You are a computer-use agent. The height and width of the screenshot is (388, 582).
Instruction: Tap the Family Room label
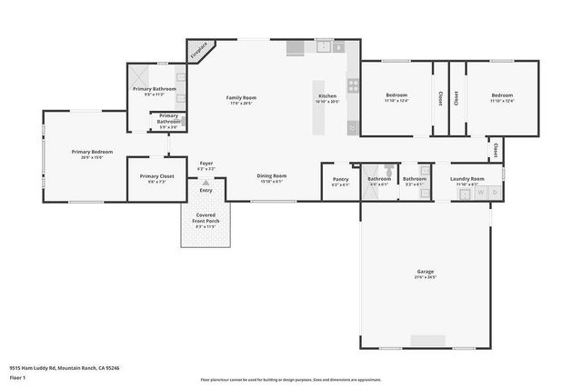[241, 97]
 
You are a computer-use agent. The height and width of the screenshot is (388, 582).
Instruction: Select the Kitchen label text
[326, 96]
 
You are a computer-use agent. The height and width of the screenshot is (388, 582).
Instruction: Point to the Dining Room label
[271, 175]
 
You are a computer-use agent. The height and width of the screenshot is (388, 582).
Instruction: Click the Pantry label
[340, 179]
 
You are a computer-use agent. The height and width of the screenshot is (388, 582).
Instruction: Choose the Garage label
[426, 272]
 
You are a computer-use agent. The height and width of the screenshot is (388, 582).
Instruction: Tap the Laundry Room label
[467, 179]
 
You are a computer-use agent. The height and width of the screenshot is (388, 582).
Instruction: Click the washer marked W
[482, 194]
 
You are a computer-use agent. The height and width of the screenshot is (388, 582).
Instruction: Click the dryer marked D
[495, 194]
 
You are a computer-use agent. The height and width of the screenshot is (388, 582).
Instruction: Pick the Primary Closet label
[156, 176]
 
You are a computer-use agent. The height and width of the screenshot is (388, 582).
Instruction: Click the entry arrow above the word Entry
[206, 183]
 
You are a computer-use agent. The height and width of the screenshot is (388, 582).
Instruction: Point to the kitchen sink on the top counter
[323, 46]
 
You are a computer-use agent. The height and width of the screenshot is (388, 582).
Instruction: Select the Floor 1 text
[17, 375]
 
